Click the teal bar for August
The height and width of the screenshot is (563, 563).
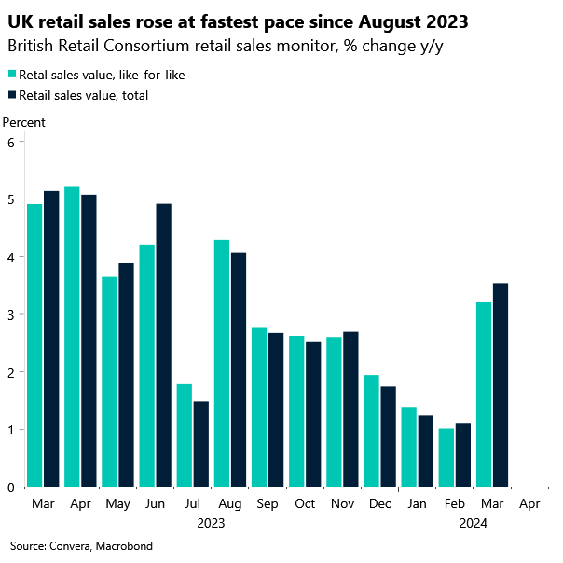[x=222, y=364]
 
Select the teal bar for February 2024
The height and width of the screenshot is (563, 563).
[x=447, y=458]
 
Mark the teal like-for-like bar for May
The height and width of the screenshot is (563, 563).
[x=109, y=381]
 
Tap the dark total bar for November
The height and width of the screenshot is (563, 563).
[x=350, y=409]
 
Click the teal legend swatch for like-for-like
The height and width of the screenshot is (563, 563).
[x=11, y=74]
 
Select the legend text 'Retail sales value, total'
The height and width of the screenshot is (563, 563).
[x=83, y=94]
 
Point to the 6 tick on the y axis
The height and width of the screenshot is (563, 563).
[x=11, y=142]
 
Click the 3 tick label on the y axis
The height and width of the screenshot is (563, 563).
[x=11, y=314]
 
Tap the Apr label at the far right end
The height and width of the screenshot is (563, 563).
[x=529, y=503]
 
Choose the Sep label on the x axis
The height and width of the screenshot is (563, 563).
[x=267, y=503]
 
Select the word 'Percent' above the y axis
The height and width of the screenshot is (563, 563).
[x=24, y=122]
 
